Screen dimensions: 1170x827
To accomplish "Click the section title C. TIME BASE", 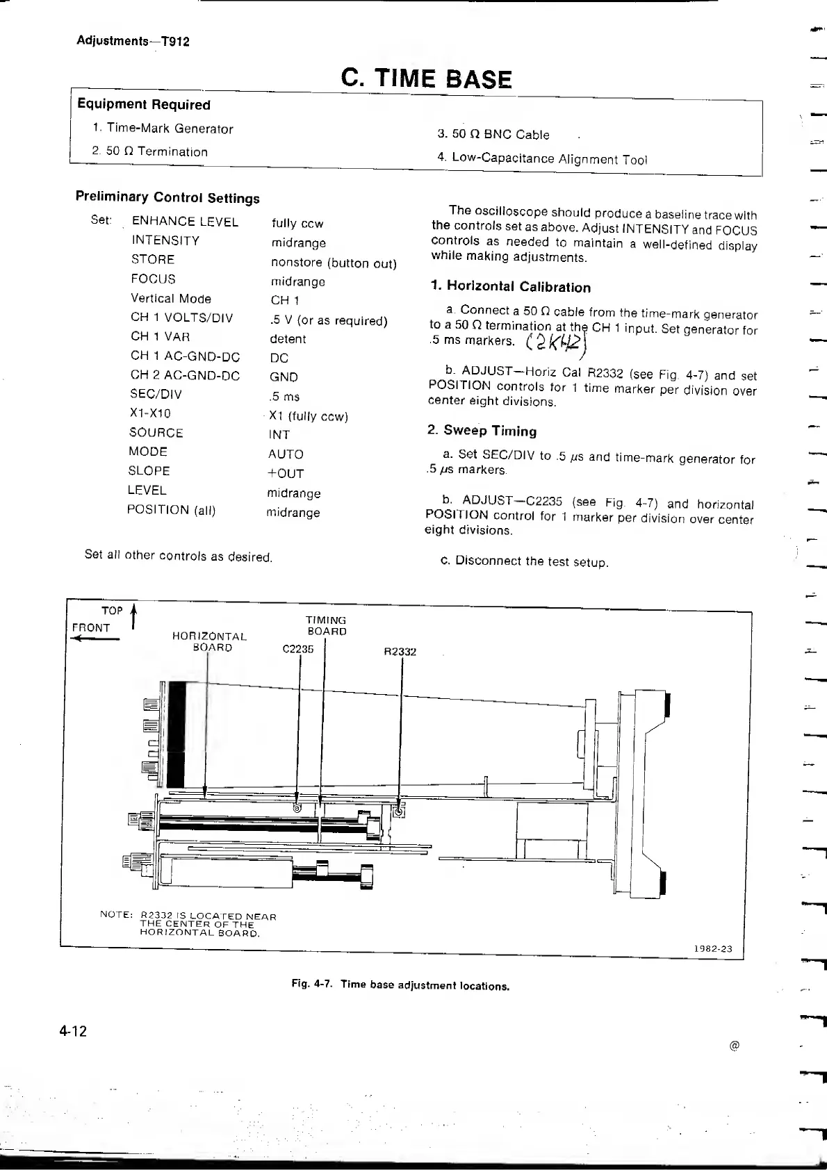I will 426,79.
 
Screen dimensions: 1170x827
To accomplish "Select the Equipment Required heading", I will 144,104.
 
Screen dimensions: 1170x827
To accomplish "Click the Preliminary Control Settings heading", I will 167,197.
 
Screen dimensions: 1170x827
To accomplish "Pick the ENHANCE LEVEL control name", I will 185,222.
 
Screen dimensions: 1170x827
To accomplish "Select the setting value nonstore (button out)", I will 334,263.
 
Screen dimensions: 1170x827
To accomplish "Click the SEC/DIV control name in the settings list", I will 156,394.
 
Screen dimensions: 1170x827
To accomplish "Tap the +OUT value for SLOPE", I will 286,473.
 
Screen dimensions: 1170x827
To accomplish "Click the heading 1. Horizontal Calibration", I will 511,287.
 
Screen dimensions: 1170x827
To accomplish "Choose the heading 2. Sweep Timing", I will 482,431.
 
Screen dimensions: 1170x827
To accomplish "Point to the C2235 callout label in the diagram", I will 298,649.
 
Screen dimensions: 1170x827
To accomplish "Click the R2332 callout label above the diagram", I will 400,652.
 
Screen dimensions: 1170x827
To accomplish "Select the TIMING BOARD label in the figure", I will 326,625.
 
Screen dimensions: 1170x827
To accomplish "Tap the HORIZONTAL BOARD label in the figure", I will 209,641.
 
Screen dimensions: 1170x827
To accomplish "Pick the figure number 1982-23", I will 712,949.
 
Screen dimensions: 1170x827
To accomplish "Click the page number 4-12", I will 73,1031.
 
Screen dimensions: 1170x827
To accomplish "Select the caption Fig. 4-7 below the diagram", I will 400,984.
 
